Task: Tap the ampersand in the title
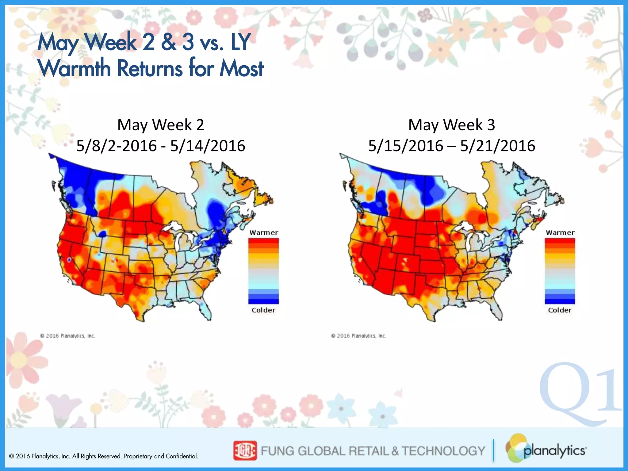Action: point(168,42)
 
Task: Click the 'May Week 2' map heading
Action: point(161,125)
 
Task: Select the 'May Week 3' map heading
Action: point(451,125)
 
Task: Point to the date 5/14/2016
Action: point(208,146)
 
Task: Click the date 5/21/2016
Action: point(497,146)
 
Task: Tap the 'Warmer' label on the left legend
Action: point(264,232)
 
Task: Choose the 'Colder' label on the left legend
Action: point(263,310)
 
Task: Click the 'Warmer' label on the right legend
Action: point(560,232)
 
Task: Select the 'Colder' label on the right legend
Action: point(560,310)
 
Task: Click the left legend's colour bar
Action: point(263,271)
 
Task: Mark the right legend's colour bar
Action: point(560,271)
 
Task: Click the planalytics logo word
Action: point(554,451)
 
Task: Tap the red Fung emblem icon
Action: point(245,450)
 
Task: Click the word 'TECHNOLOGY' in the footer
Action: point(443,451)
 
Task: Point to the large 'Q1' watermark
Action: point(580,394)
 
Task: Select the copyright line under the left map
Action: point(67,336)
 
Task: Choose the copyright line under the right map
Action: point(358,336)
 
